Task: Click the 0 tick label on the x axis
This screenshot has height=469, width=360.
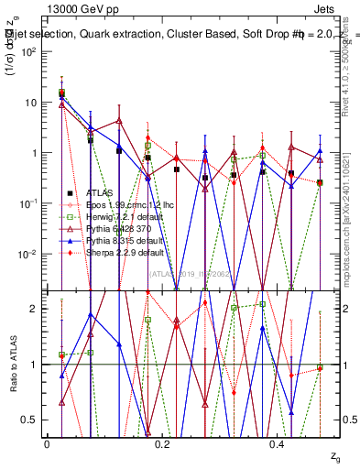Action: point(47,443)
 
